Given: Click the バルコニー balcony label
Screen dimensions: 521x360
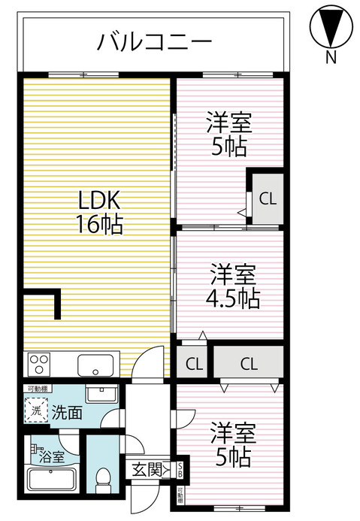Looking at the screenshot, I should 154,41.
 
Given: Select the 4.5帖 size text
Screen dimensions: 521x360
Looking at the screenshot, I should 232,298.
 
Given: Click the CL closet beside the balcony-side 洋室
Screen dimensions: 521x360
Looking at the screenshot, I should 267,198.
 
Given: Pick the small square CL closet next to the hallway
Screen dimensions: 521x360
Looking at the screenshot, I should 194,365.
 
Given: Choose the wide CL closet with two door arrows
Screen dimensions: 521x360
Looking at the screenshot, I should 250,365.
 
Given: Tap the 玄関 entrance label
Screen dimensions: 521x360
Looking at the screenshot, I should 147,470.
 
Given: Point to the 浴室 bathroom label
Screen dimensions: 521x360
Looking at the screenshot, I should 50,455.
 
